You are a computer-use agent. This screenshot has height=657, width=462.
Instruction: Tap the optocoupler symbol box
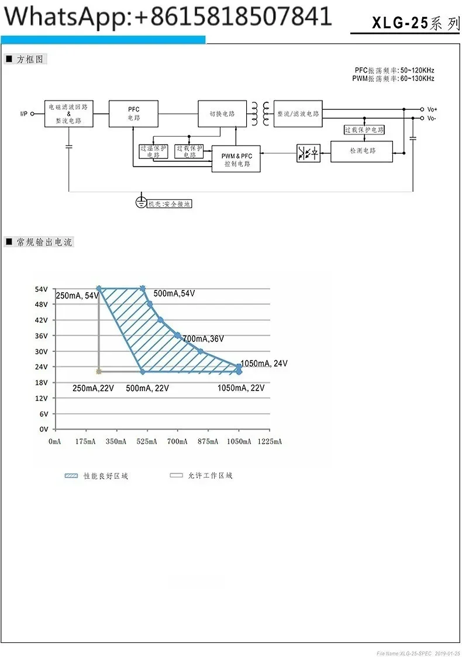click(x=308, y=154)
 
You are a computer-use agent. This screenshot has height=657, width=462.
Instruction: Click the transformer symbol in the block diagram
click(x=261, y=113)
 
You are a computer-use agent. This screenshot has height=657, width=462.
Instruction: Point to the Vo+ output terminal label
click(x=432, y=109)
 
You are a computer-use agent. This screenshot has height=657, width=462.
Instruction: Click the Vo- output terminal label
click(x=432, y=118)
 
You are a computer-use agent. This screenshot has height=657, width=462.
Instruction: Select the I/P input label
click(x=24, y=114)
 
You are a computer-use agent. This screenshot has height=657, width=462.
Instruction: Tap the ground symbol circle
click(x=140, y=202)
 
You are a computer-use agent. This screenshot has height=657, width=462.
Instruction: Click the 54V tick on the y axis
click(x=41, y=289)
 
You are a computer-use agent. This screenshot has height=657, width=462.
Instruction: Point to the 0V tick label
click(x=43, y=429)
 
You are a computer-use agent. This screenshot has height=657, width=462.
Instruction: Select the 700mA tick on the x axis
click(x=177, y=442)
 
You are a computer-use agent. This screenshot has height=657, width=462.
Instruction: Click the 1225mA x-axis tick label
click(x=270, y=442)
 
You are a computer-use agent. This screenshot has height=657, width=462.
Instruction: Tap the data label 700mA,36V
click(x=203, y=339)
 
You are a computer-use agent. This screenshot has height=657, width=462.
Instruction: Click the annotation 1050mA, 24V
click(x=264, y=364)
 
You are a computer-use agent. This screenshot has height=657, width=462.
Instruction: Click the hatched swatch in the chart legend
click(x=71, y=476)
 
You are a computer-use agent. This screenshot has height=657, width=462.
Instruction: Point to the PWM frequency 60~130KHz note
click(x=394, y=78)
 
